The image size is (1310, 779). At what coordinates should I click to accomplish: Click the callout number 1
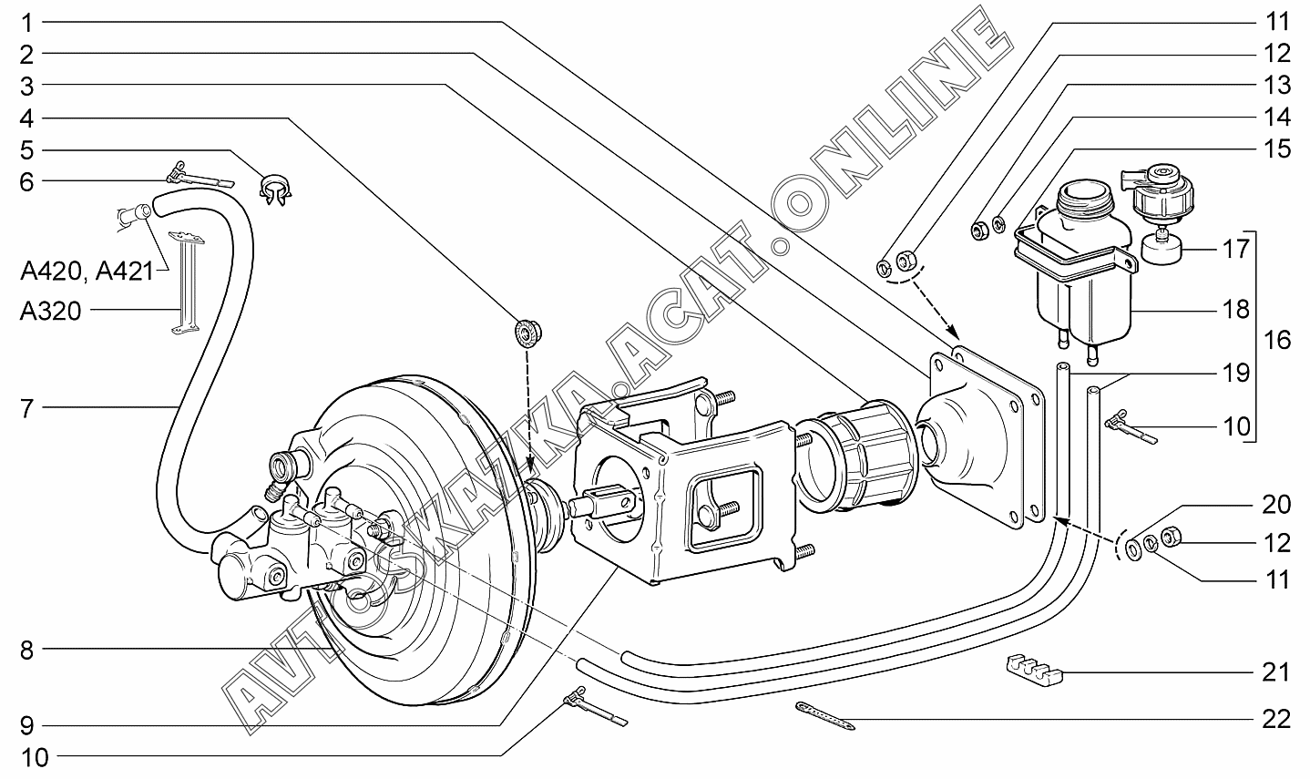[27, 24]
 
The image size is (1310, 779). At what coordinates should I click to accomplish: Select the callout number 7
[27, 408]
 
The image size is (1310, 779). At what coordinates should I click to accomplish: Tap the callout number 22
[1276, 720]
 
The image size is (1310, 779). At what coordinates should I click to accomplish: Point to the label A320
[50, 311]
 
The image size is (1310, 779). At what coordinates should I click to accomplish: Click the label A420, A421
[87, 272]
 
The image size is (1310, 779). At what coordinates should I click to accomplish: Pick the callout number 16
[1276, 340]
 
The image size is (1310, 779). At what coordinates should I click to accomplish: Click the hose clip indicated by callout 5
[275, 189]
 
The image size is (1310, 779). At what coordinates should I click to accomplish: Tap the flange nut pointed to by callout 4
[527, 333]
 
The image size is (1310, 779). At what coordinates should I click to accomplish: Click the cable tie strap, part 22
[825, 716]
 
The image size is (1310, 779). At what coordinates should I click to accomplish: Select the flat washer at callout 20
[1133, 549]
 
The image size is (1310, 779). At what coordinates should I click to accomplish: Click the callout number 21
[1276, 672]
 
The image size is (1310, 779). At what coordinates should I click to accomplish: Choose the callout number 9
[27, 726]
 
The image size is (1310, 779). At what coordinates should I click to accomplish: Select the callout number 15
[1276, 149]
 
